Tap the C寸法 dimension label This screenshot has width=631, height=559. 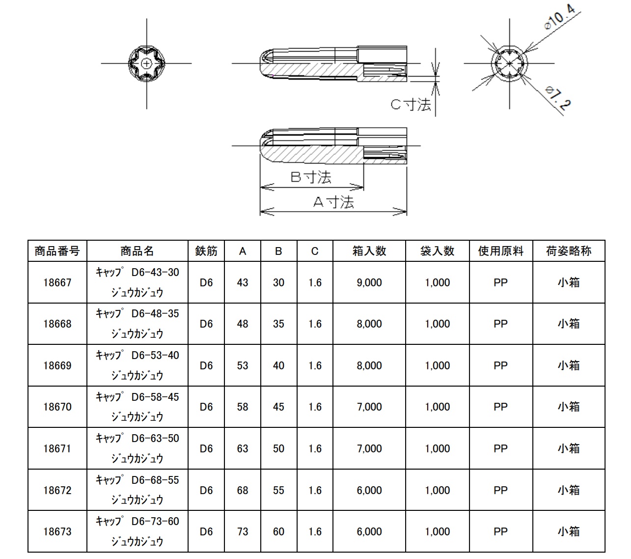pos(411,104)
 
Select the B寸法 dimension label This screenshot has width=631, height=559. pos(310,177)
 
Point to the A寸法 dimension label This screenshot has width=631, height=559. pos(333,201)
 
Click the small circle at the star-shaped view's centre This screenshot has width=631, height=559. pos(146,63)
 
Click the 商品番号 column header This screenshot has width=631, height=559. pos(57,251)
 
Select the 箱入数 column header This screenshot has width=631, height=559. pos(369,251)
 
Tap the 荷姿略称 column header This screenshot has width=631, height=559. pos(569,251)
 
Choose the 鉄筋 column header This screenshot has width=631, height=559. pos(206,251)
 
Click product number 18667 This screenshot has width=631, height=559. pos(57,282)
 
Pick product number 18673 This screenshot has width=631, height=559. pos(57,531)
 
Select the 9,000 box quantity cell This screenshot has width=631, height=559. pos(369,282)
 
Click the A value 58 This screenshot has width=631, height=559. pos(242,407)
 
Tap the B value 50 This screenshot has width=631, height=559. pos(278,448)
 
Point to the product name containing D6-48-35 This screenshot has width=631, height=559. pos(137,323)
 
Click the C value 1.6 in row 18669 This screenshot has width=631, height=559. pos(315,365)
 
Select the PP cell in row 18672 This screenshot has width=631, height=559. pos(500,490)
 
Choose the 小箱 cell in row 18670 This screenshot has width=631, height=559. pos(569,407)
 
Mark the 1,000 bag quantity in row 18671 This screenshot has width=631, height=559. pos(437,448)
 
